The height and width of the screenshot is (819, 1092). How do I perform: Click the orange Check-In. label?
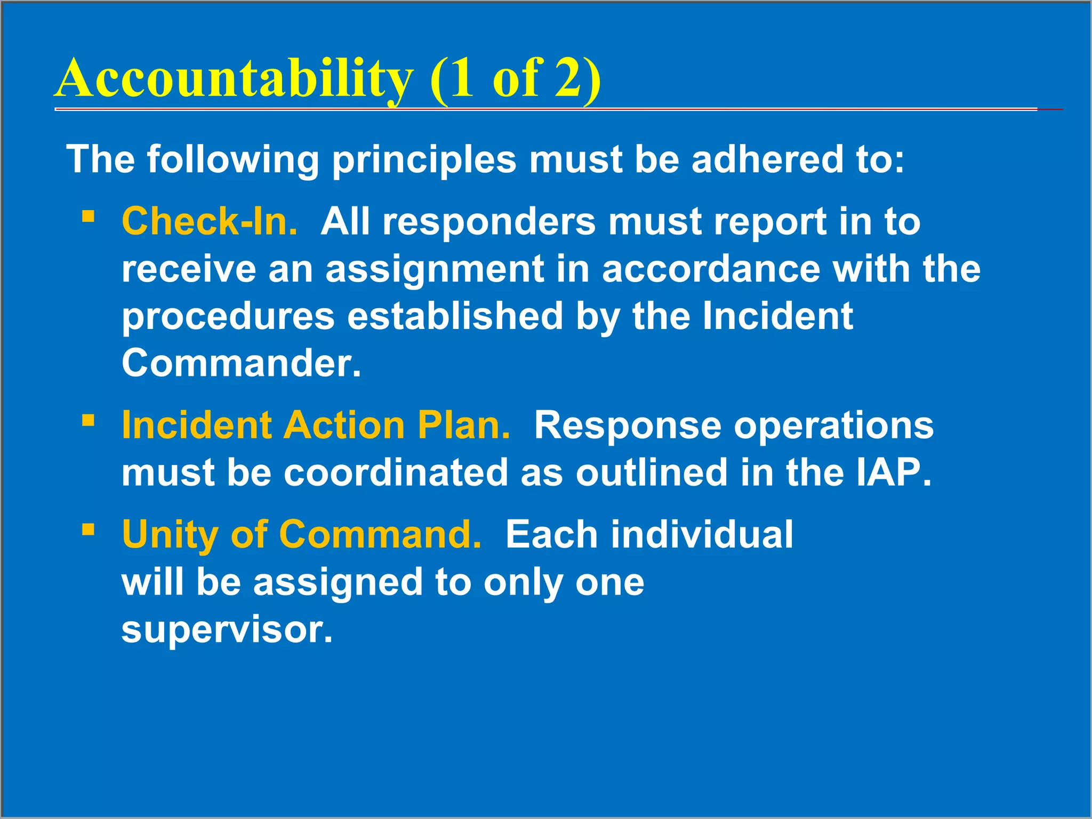pos(210,221)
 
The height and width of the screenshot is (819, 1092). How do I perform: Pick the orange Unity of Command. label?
pos(301,534)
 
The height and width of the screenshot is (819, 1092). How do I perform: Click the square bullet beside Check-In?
pos(89,216)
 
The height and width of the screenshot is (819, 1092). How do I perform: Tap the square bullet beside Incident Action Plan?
pos(89,421)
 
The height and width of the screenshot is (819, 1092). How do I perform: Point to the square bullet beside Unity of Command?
pos(89,530)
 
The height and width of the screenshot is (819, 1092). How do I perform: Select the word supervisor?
pos(227,630)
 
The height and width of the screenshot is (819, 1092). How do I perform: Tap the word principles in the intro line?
pos(424,159)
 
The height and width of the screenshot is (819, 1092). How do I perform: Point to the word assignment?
pos(435,269)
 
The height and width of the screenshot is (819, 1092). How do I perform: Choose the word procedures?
pos(228,317)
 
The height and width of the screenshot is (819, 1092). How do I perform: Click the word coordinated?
pos(396,472)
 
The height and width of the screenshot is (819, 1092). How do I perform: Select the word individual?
pos(702,534)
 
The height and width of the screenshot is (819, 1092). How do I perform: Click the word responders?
pos(489,222)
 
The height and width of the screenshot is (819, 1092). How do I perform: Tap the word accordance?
pos(711,269)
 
